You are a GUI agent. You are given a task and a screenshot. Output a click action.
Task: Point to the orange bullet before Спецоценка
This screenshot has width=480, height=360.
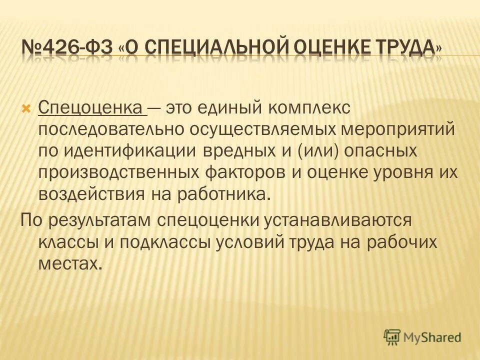tap(27, 108)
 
